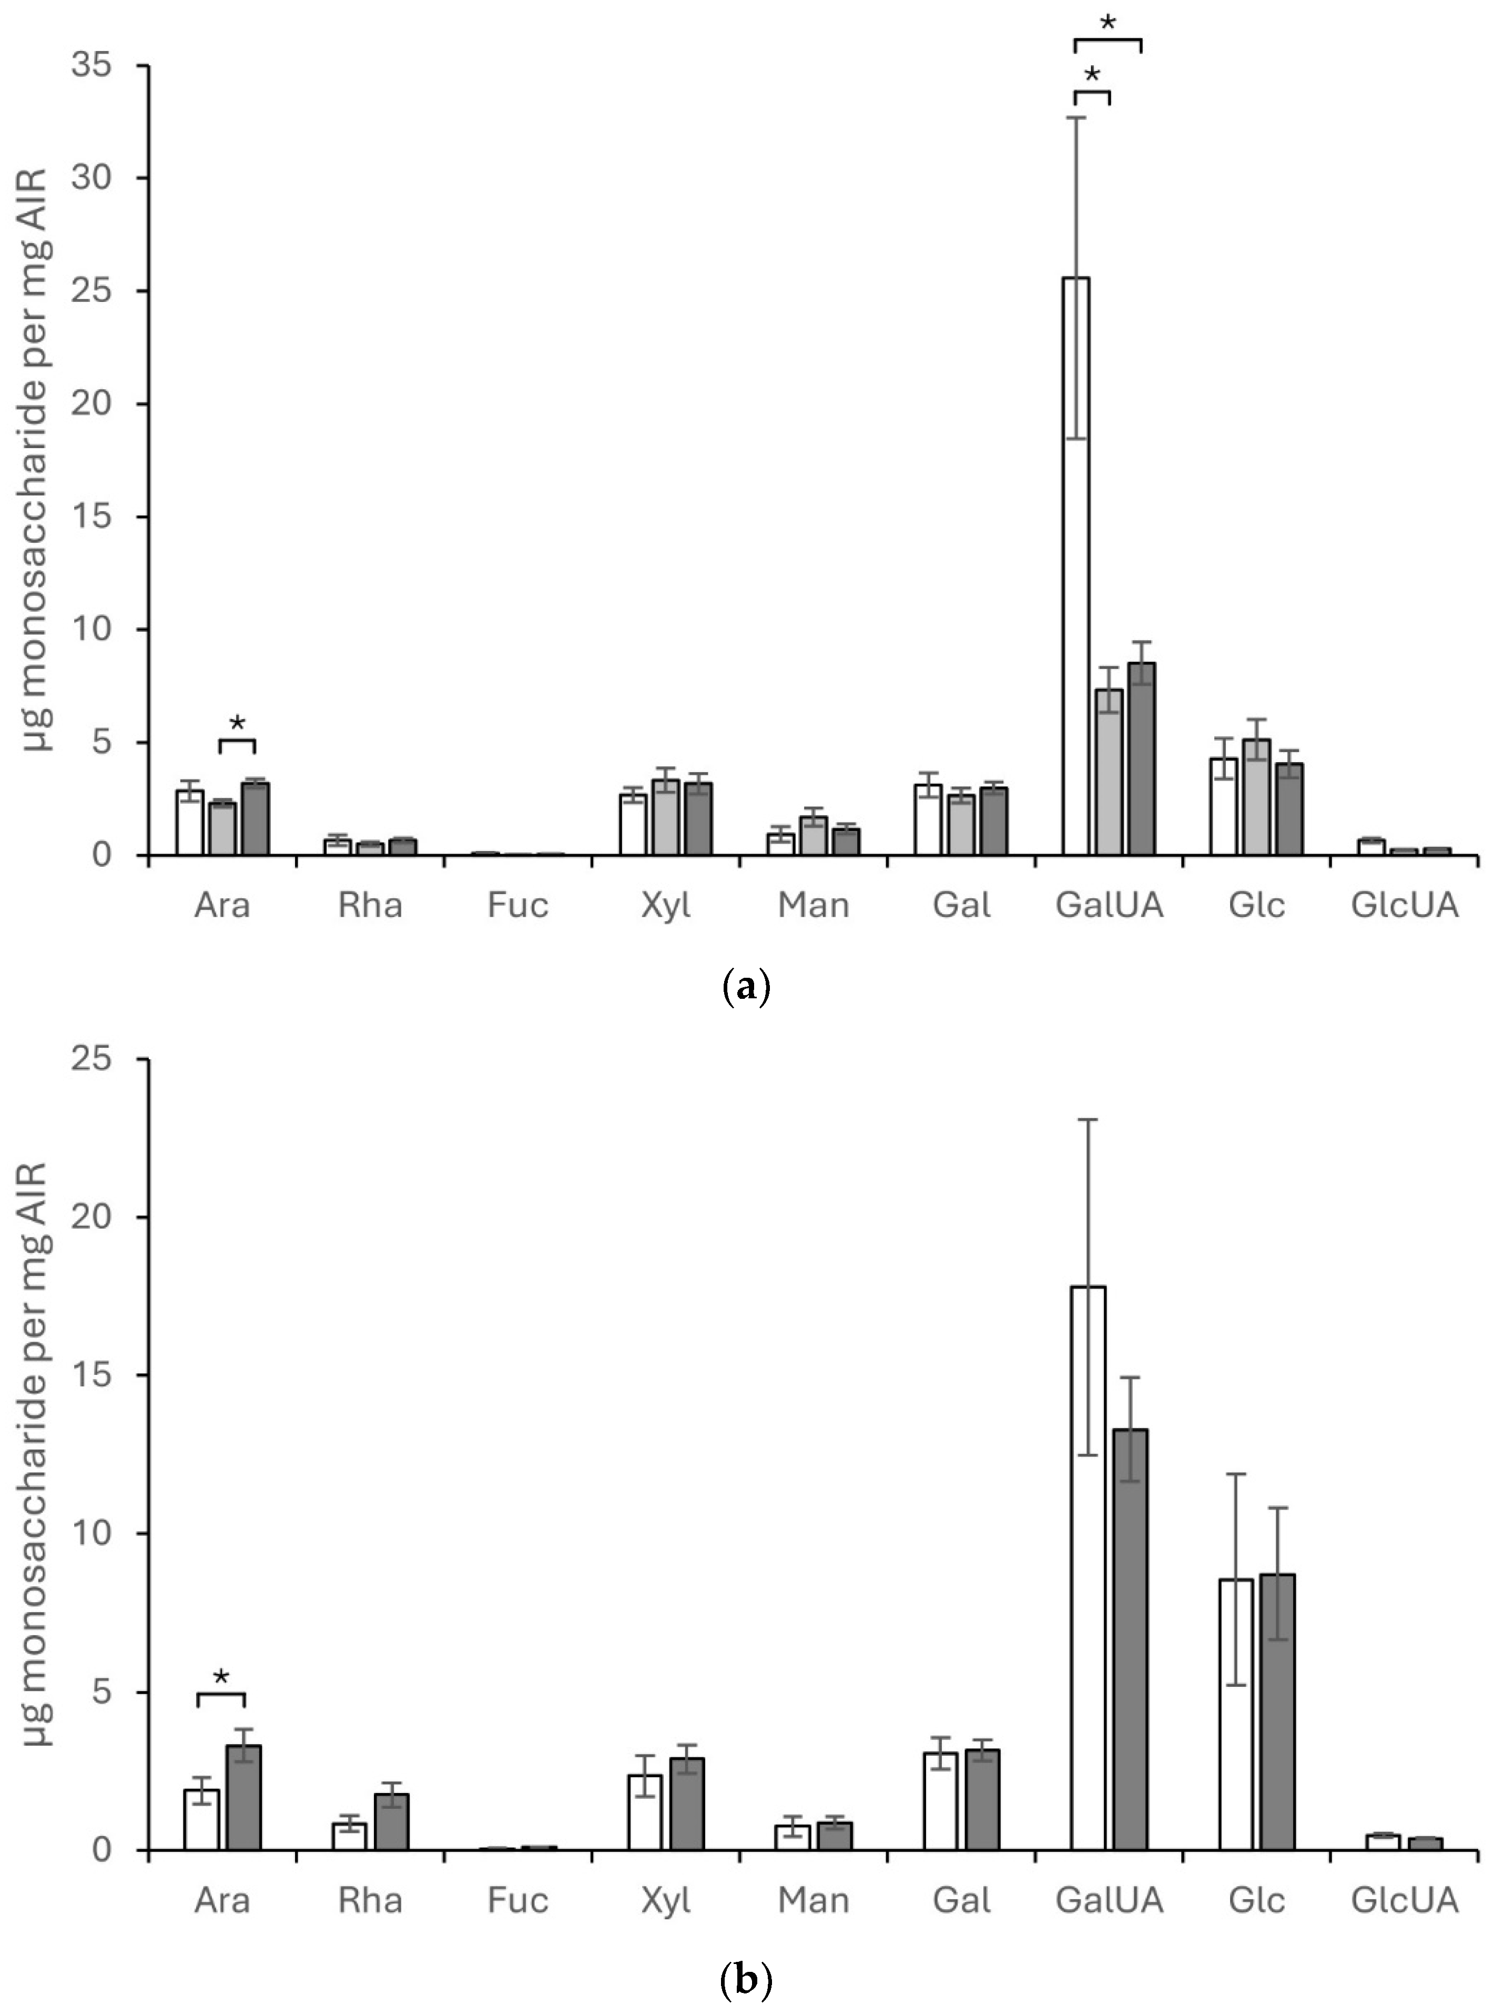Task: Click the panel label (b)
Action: pyautogui.click(x=747, y=1981)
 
